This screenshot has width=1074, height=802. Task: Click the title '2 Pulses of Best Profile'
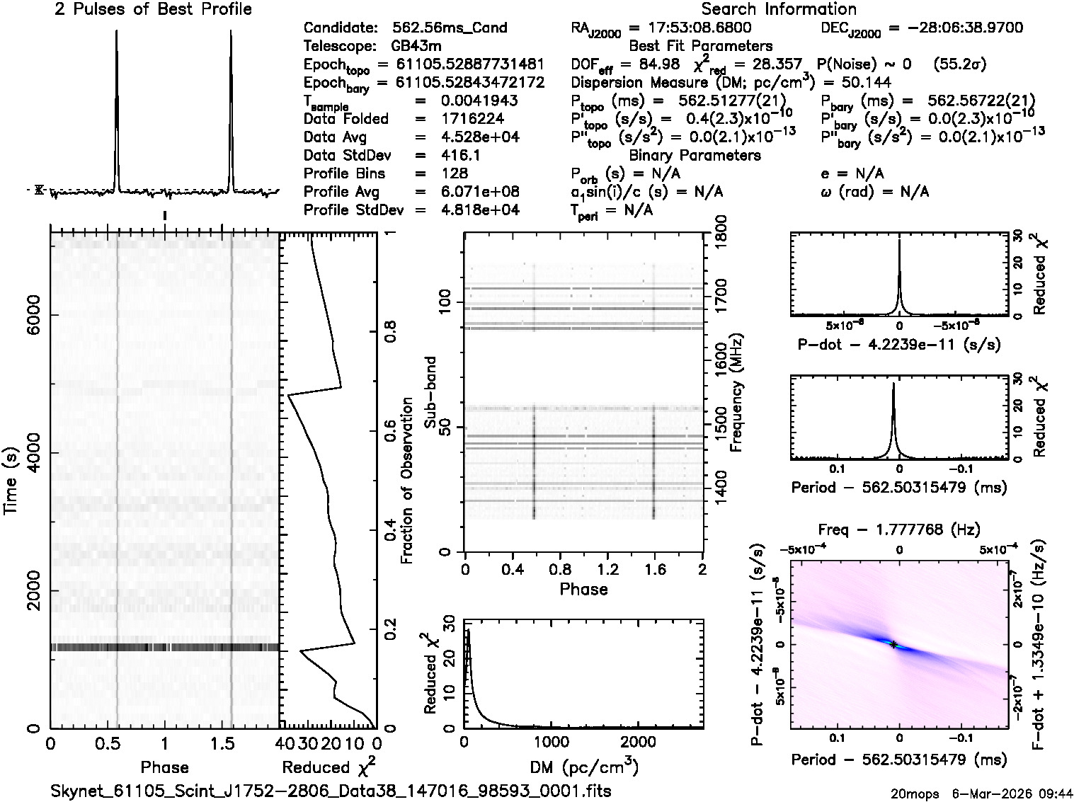[153, 9]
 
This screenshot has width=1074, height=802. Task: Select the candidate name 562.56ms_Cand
[450, 28]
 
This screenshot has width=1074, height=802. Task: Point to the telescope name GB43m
[419, 47]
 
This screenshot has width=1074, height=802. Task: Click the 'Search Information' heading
[779, 9]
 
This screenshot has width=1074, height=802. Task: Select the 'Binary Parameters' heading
[695, 155]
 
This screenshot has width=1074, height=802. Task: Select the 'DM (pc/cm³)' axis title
[585, 767]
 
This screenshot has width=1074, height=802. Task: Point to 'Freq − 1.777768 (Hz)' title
[899, 529]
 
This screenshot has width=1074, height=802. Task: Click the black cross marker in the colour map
[893, 644]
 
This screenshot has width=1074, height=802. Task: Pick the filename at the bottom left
[331, 791]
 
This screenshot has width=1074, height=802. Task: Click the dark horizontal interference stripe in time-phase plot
[164, 647]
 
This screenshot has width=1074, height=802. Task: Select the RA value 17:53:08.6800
[690, 28]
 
